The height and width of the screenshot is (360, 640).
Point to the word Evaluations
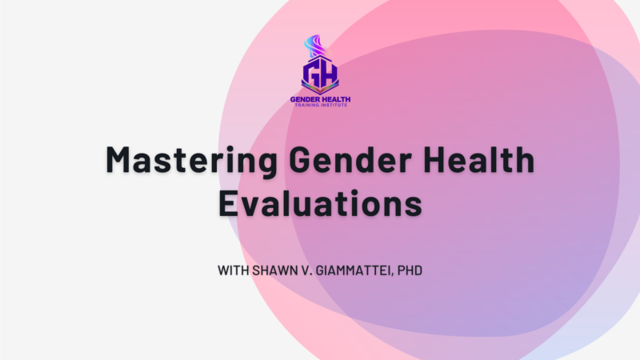point(319,203)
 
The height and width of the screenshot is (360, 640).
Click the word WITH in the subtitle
point(233,270)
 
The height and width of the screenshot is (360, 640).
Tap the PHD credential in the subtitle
point(410,270)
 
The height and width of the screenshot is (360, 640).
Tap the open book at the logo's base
point(319,90)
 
